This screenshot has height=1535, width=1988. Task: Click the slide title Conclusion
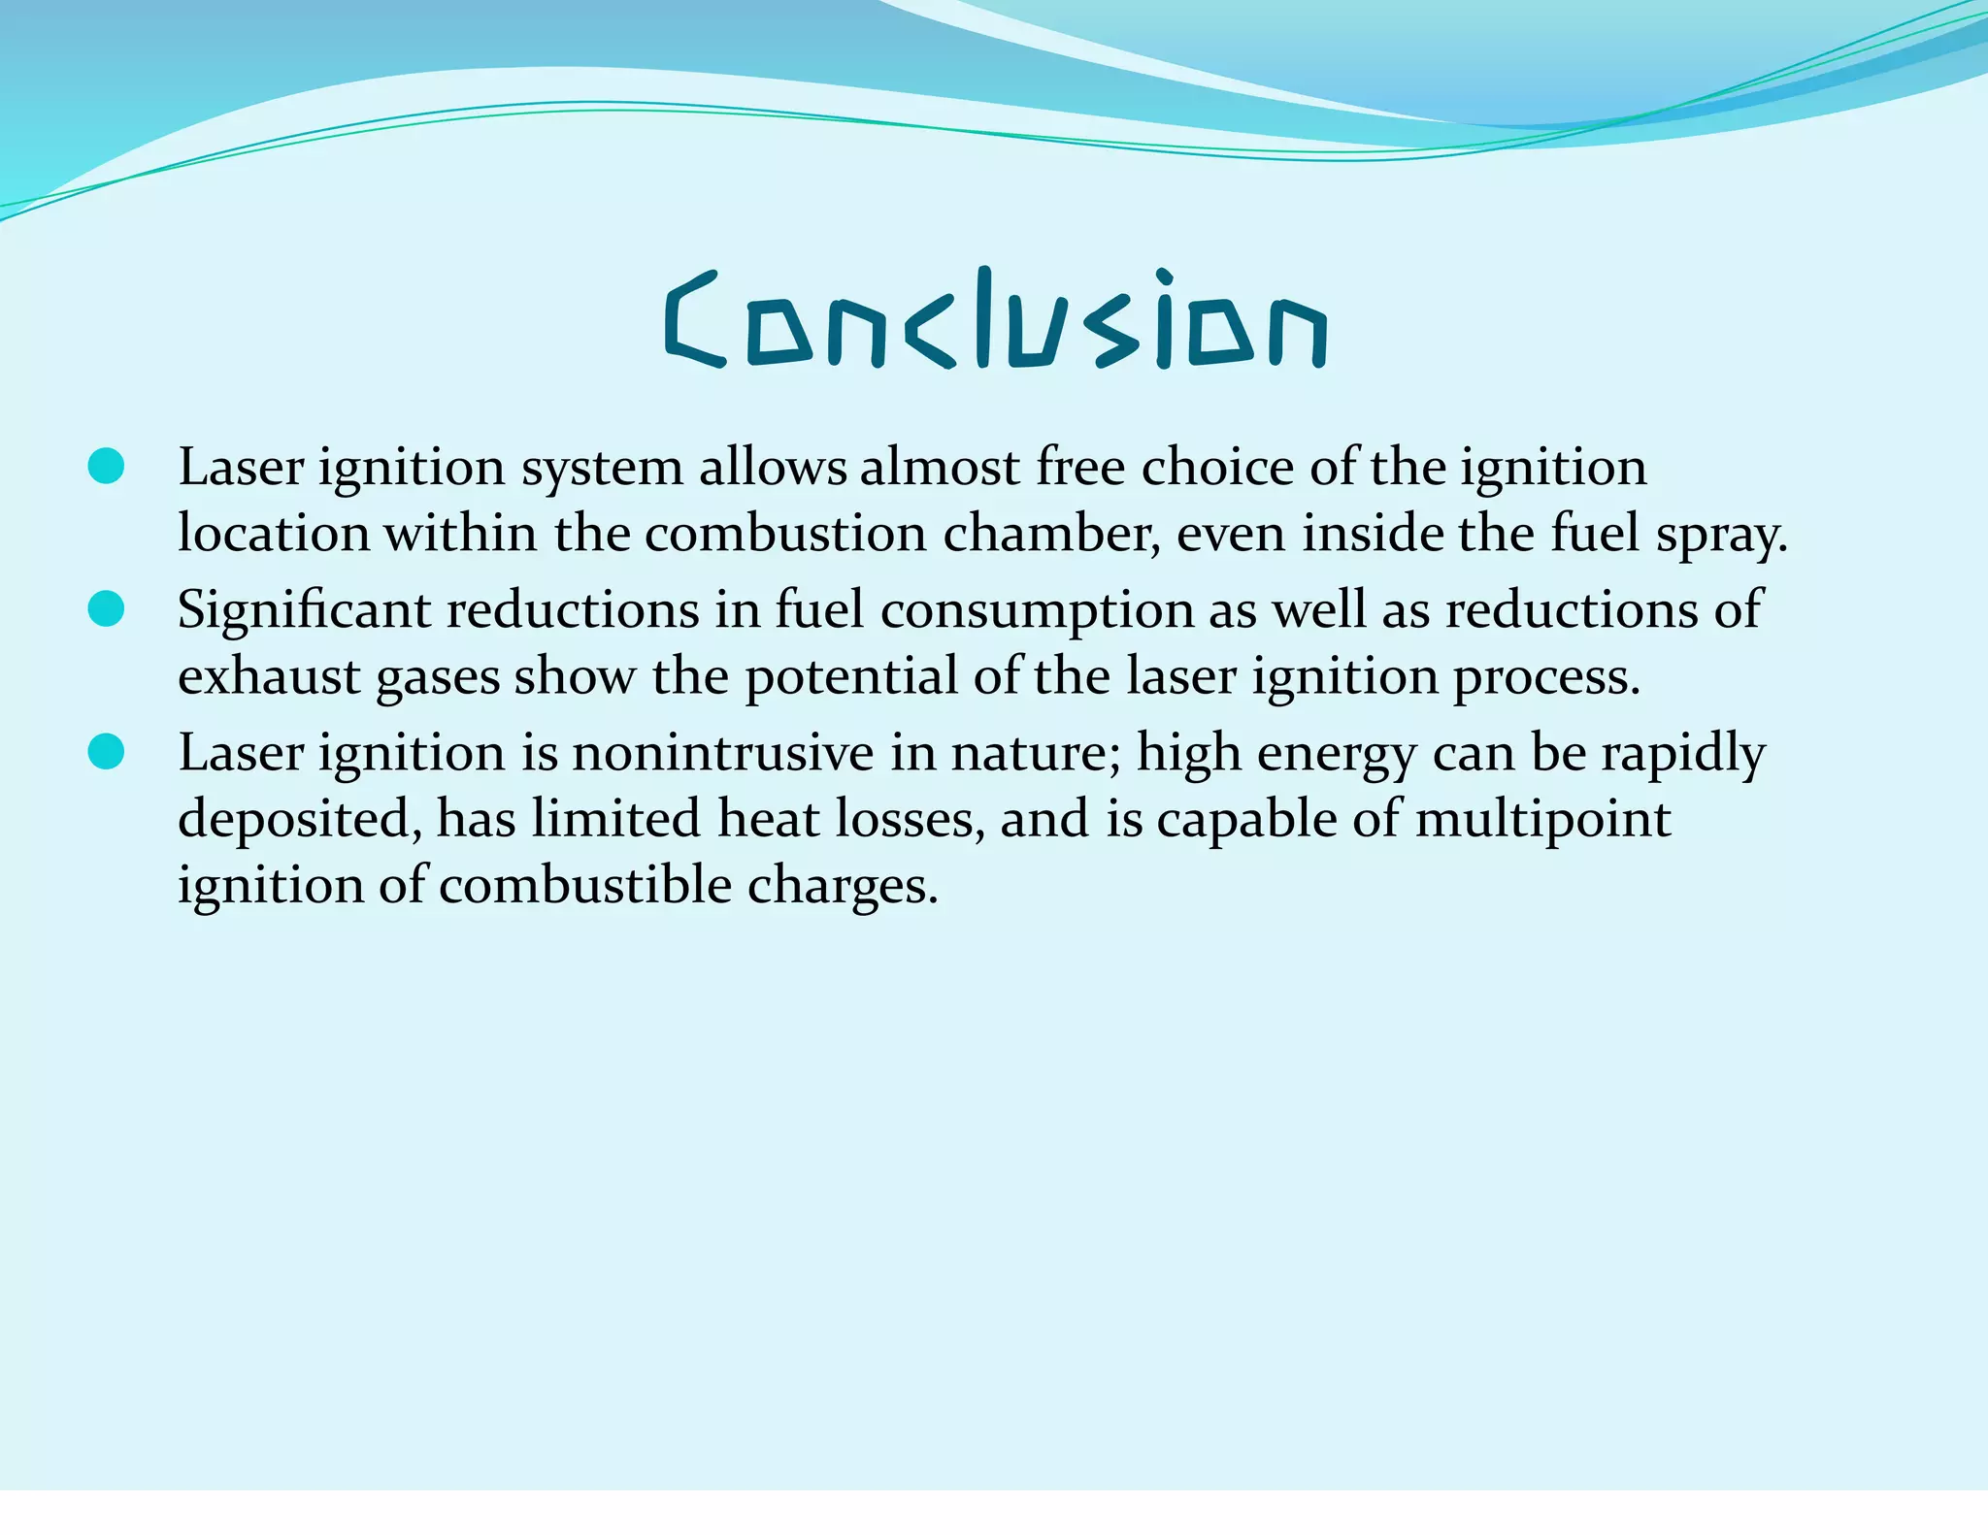pos(995,320)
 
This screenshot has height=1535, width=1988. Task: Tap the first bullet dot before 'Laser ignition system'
pos(106,466)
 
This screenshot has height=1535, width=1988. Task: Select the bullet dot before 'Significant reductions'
pos(106,609)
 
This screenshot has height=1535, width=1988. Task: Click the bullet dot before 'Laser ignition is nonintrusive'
pos(106,752)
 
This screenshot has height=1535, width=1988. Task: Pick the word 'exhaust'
pos(269,676)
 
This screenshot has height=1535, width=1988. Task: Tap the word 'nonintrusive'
pos(723,753)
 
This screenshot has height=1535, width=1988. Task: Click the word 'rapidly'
pos(1683,754)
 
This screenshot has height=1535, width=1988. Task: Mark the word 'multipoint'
pos(1543,820)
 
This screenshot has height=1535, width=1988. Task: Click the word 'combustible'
pos(585,886)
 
